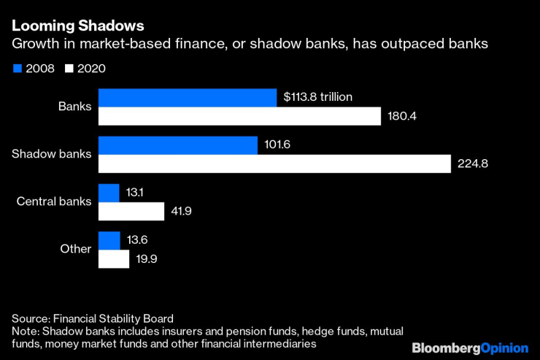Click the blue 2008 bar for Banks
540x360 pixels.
click(x=188, y=98)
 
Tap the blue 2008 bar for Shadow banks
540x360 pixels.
click(x=178, y=145)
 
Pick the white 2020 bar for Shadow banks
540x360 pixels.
click(x=274, y=164)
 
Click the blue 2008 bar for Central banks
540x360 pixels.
click(x=109, y=193)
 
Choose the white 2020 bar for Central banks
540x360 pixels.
click(x=131, y=212)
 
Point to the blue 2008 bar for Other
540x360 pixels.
click(x=109, y=240)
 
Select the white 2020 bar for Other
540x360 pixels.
click(x=114, y=259)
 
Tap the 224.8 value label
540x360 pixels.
click(x=473, y=164)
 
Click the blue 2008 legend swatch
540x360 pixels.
click(x=17, y=69)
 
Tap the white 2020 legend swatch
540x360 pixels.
click(x=71, y=69)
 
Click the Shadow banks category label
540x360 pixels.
click(x=52, y=154)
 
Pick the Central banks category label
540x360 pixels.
click(x=54, y=202)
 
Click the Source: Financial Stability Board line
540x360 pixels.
click(x=93, y=318)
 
